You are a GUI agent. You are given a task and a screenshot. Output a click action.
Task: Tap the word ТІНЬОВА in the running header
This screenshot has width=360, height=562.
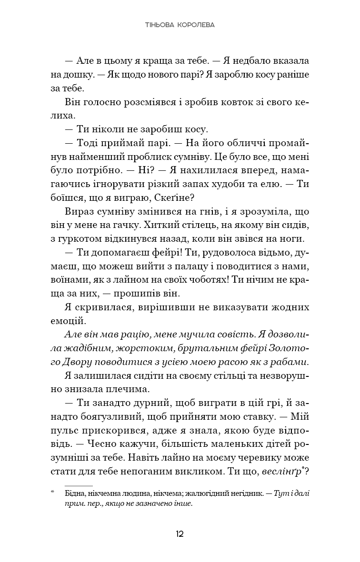point(160,25)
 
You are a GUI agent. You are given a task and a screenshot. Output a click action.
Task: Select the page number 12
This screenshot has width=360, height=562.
point(180,533)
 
